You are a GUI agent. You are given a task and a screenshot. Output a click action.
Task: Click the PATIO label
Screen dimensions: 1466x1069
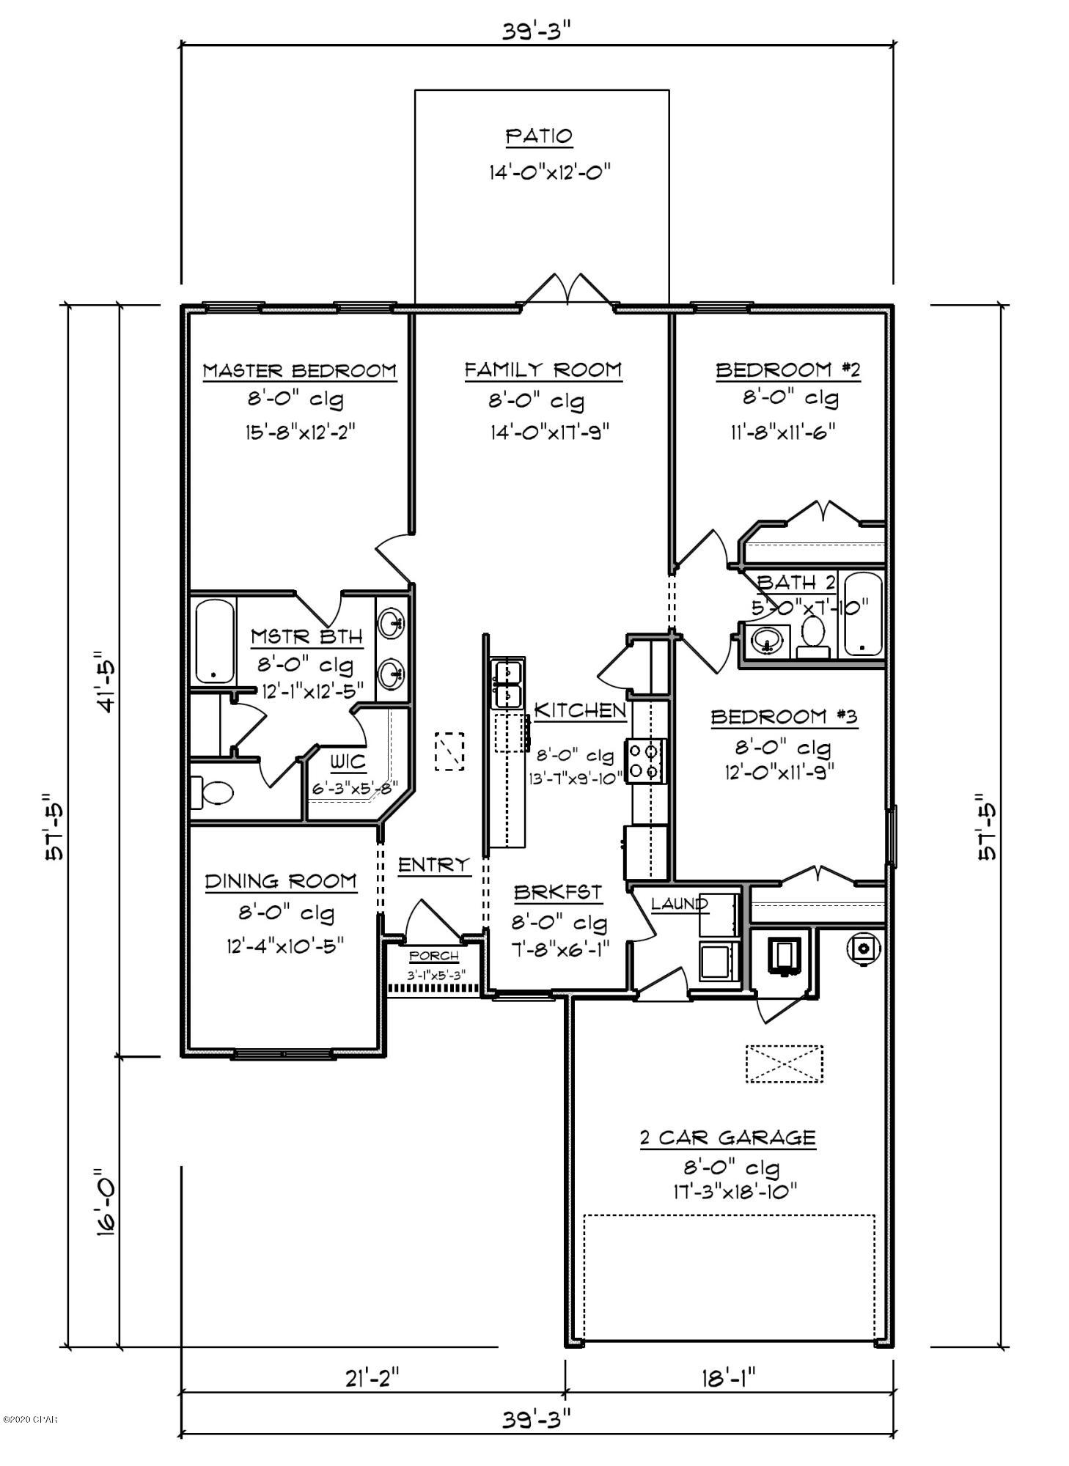pos(538,137)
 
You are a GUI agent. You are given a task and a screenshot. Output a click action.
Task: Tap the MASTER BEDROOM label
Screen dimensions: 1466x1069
pos(299,371)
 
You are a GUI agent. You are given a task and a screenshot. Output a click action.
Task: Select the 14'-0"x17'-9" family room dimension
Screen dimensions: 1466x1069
pos(550,432)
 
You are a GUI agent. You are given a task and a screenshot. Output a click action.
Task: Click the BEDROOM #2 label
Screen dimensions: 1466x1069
pos(787,370)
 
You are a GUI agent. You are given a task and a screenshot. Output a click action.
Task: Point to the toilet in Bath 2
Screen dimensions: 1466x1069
pos(812,636)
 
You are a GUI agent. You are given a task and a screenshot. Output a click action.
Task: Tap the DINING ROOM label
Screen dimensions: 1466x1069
pos(281,882)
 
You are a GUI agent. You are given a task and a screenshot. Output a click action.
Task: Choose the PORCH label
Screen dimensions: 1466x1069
pos(434,957)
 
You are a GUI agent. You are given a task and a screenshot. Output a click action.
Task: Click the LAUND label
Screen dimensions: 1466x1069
pos(679,904)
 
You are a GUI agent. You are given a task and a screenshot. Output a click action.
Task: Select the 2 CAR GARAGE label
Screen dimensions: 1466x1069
pos(727,1138)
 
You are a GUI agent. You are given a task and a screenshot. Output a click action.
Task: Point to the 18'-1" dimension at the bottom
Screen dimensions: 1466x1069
pos(728,1377)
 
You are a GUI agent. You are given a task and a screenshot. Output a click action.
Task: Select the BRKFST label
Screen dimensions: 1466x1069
pos(557,893)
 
